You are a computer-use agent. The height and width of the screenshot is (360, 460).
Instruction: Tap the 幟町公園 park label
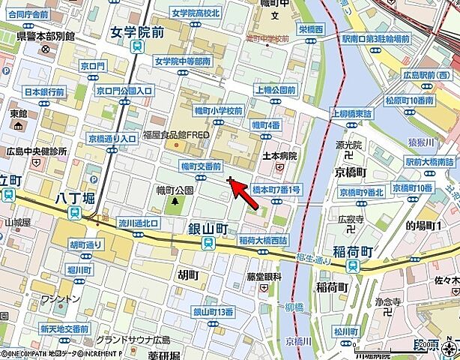(175, 190)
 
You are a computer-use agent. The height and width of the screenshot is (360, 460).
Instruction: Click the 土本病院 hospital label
(281, 156)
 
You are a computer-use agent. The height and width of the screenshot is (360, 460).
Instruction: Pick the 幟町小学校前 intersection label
(217, 110)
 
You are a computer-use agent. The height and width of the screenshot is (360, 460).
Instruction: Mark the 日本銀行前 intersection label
(44, 92)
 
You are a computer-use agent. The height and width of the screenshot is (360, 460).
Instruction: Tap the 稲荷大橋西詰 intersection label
(263, 240)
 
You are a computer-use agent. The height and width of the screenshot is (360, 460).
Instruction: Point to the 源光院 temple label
(349, 144)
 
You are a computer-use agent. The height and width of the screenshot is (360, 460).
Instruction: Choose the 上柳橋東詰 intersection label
(352, 113)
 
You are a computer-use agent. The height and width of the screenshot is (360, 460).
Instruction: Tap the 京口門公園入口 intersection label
(124, 90)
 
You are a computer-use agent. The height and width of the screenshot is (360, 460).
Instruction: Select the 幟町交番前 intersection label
(201, 166)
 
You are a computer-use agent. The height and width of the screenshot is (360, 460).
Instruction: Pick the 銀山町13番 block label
(214, 311)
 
